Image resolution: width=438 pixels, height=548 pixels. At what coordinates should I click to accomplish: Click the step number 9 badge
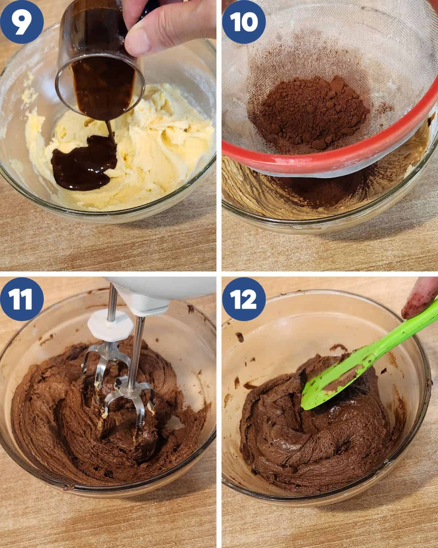point(22,22)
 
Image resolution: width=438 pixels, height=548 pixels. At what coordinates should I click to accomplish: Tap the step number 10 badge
point(244,22)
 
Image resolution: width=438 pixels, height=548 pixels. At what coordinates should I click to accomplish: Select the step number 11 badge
point(22,299)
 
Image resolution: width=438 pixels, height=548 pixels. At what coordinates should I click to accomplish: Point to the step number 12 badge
point(244,299)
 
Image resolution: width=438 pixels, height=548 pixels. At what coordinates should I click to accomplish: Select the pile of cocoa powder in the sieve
point(309,112)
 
